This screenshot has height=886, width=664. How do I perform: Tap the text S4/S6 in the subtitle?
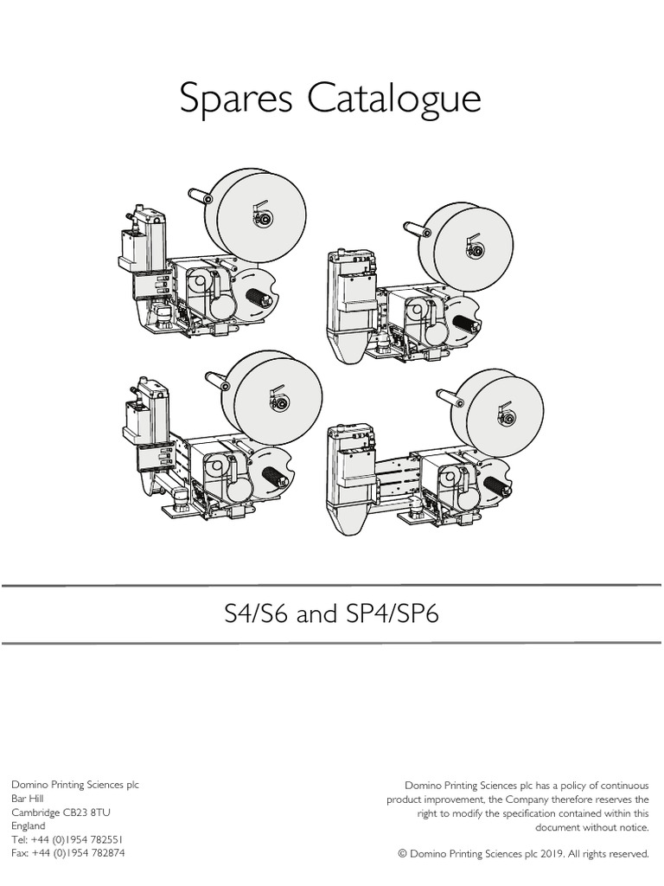(255, 615)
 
